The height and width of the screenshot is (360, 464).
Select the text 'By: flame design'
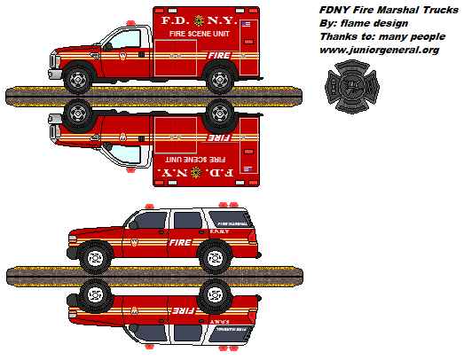pos(363,24)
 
